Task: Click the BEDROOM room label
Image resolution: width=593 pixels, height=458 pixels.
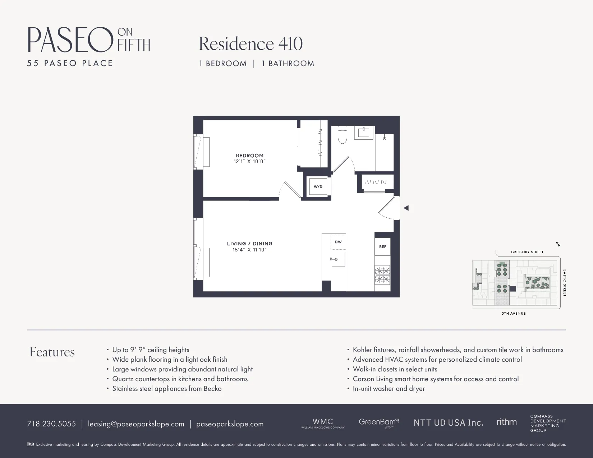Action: click(249, 156)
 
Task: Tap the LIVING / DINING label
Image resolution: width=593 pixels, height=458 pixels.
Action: click(249, 244)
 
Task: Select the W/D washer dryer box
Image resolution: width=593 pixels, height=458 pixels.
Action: click(318, 187)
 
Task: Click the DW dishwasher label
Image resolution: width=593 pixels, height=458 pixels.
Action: click(338, 242)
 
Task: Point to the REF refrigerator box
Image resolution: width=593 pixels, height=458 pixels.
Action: click(382, 246)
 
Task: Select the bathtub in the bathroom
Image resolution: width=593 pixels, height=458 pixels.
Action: click(384, 152)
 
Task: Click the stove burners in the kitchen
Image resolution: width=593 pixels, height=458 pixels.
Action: click(382, 275)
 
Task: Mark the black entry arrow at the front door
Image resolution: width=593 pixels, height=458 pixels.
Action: click(406, 208)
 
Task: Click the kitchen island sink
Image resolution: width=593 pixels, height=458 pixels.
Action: click(338, 259)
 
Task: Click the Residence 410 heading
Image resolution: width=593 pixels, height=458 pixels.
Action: click(250, 44)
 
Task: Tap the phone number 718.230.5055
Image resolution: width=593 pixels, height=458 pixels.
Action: click(51, 424)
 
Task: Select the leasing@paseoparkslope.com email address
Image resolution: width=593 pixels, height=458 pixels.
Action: click(136, 424)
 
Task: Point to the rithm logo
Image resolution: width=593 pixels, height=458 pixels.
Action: click(506, 422)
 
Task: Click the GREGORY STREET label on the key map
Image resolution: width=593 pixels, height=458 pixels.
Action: click(527, 252)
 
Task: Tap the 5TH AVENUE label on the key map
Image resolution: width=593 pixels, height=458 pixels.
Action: click(514, 314)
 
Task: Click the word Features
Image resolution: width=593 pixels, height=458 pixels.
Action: click(52, 352)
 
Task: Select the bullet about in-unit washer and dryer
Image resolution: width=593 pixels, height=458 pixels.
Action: click(389, 389)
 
